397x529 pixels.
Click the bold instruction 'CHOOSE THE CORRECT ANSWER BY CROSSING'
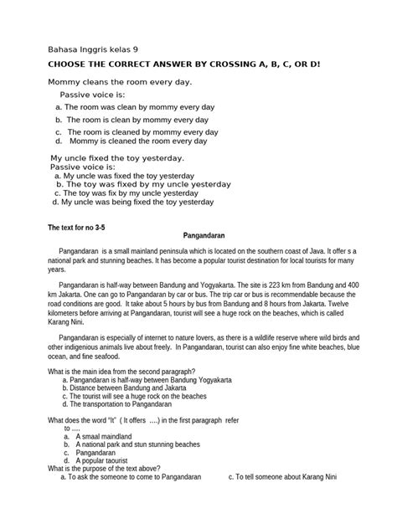click(x=159, y=64)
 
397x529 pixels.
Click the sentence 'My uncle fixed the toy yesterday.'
click(x=118, y=158)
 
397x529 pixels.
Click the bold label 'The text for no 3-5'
click(x=85, y=228)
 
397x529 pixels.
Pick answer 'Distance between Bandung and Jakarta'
click(x=131, y=388)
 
